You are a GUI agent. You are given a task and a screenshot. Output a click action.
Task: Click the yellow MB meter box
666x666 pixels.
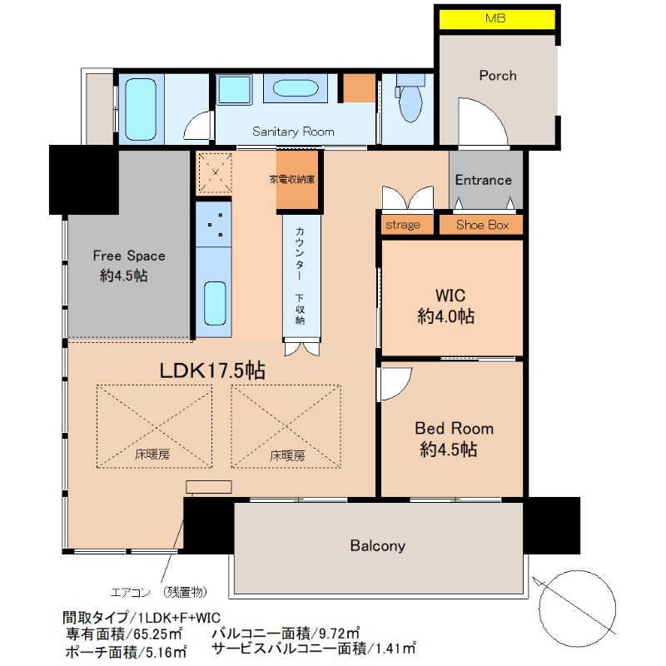tap(496, 19)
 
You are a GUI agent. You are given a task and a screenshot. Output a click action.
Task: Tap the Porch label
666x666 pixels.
tap(498, 76)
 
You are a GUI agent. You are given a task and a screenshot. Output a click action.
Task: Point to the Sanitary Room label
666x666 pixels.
tap(293, 132)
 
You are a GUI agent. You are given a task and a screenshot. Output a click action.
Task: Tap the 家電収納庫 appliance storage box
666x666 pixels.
tap(297, 179)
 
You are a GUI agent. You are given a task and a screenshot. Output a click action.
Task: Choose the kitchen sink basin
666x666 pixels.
tap(215, 303)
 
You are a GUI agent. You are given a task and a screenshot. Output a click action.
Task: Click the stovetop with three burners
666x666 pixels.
tap(214, 224)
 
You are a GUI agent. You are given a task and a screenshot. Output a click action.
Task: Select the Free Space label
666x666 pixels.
tap(129, 256)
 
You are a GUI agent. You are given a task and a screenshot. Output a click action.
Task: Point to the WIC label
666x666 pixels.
tap(450, 296)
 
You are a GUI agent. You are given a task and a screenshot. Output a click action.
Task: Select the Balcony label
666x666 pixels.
tap(378, 545)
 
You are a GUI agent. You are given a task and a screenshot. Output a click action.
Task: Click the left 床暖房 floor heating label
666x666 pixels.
tap(152, 455)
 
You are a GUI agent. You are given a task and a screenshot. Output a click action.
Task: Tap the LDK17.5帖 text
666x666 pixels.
tap(212, 370)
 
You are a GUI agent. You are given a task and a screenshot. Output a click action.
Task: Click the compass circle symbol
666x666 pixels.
tap(578, 609)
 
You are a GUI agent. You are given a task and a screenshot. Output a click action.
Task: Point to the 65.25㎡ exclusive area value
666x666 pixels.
tap(158, 634)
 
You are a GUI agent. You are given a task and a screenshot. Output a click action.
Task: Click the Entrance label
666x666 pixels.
tap(484, 180)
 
